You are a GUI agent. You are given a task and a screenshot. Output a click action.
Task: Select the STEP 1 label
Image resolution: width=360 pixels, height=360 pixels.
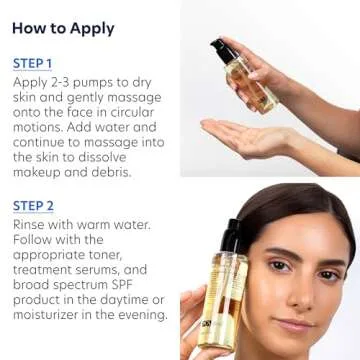pyautogui.click(x=33, y=62)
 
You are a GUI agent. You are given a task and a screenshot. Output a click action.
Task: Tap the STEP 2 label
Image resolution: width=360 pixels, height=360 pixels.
pyautogui.click(x=34, y=205)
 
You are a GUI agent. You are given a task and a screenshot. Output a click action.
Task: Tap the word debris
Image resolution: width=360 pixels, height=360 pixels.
pyautogui.click(x=108, y=172)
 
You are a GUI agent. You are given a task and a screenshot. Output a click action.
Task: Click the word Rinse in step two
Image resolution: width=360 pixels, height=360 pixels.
pyautogui.click(x=32, y=224)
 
